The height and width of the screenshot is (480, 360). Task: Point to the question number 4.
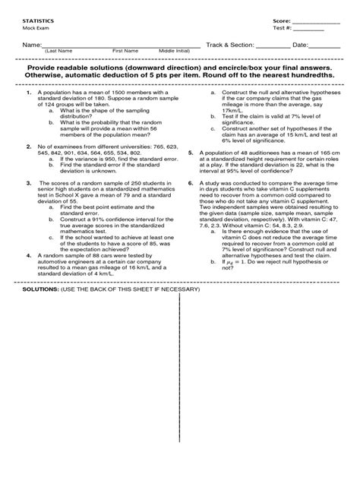click(x=28, y=256)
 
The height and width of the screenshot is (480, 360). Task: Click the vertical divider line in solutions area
click(x=178, y=380)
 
